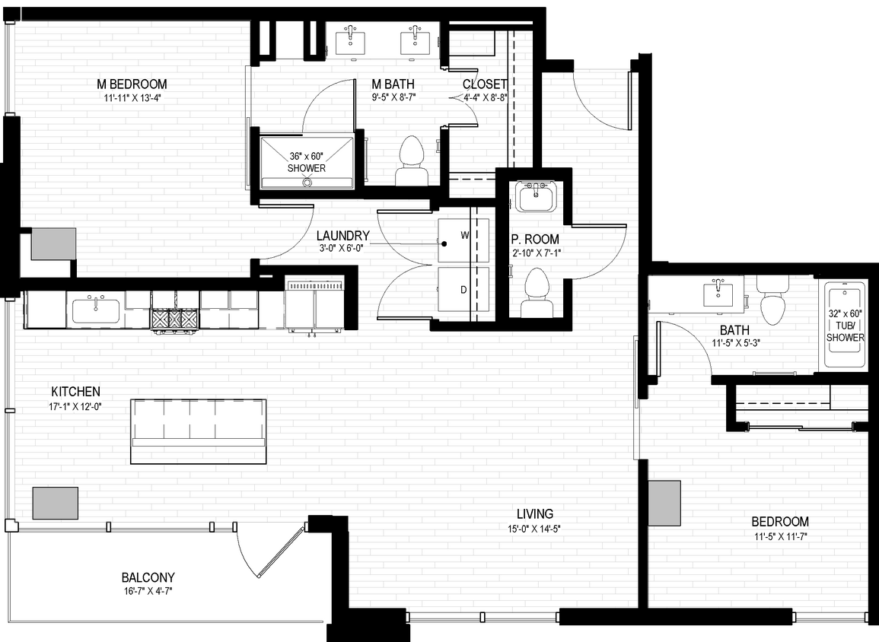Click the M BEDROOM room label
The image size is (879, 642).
pos(132,84)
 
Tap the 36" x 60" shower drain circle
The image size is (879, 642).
pos(307,182)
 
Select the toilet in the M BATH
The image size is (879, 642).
pos(411,161)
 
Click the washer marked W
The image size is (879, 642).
pos(464,239)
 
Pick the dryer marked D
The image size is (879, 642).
pos(464,290)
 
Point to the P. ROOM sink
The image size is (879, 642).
pos(537,195)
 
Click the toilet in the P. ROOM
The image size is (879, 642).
pos(537,294)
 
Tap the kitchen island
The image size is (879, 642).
pos(199,431)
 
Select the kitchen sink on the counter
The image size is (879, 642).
pos(97,310)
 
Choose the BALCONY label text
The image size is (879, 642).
pos(148,577)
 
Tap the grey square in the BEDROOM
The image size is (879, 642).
pos(664,503)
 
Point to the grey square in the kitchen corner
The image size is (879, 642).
pos(56,503)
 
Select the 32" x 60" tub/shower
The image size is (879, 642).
pos(846,326)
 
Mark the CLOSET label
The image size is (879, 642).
pos(485,84)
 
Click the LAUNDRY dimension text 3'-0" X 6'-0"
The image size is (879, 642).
pos(343,249)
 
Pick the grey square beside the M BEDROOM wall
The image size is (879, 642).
pos(53,243)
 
